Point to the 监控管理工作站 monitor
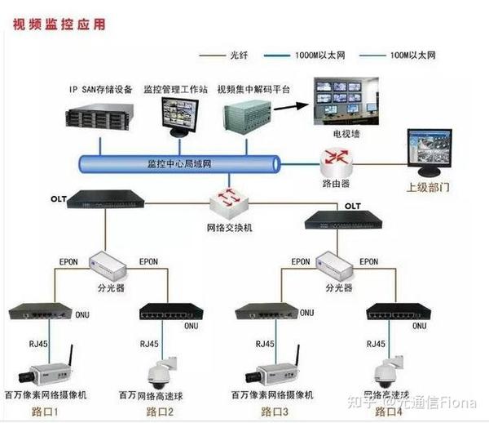coord(178,114)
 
